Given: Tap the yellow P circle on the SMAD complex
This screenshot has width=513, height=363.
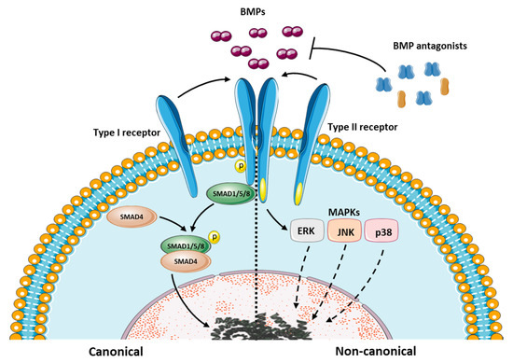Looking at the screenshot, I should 215,238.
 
